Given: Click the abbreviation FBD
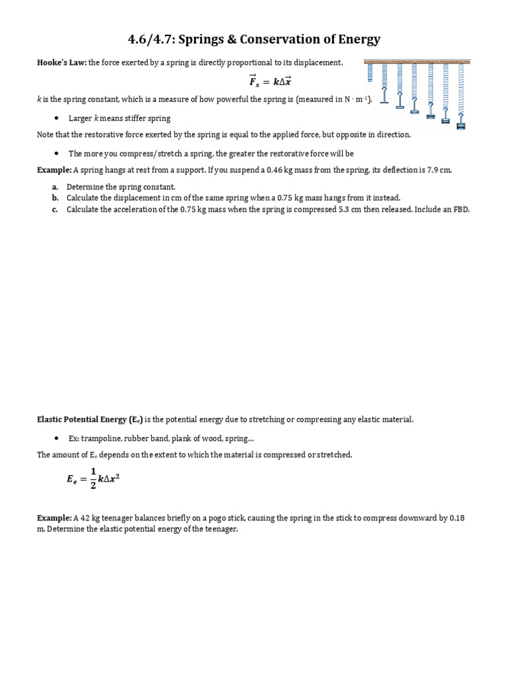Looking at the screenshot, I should click(x=461, y=210).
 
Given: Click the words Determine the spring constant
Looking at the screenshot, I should click(x=121, y=187).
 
